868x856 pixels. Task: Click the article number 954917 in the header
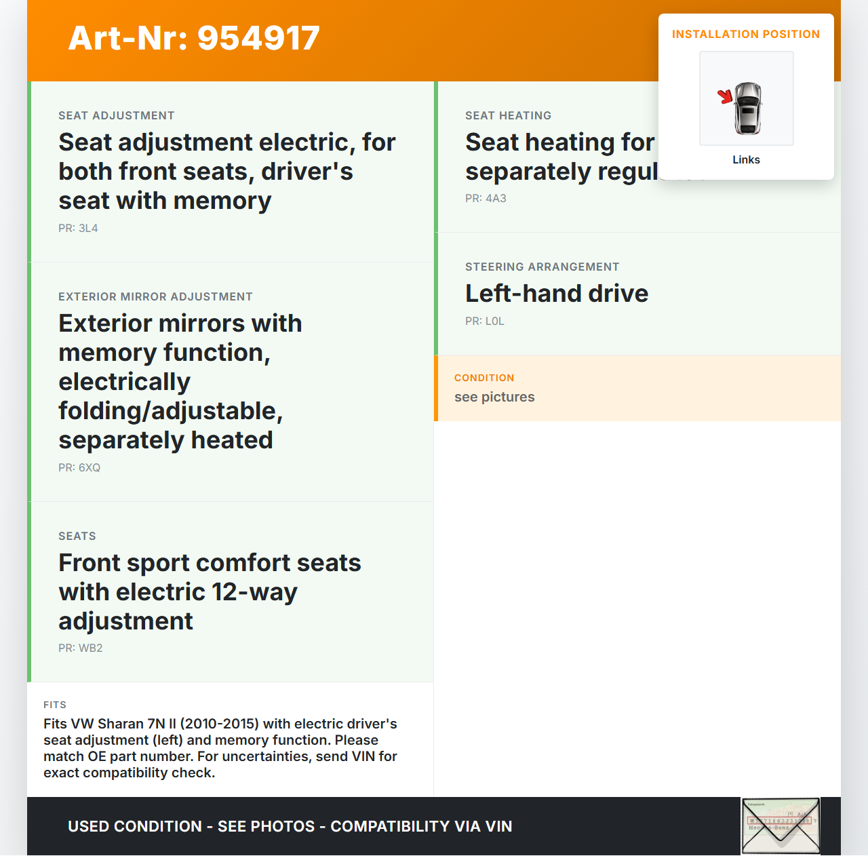click(258, 38)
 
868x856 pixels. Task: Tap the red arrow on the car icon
click(726, 97)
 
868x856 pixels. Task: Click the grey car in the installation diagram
click(748, 108)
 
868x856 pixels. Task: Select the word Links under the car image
click(746, 160)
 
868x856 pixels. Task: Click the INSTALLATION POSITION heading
click(745, 35)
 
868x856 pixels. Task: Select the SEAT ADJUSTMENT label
click(117, 116)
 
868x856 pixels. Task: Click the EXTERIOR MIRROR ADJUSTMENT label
click(155, 297)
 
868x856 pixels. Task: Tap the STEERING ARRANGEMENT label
click(542, 267)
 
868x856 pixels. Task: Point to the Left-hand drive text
click(557, 294)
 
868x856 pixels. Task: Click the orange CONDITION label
click(484, 378)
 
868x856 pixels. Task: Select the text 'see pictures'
click(494, 397)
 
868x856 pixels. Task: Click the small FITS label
click(55, 705)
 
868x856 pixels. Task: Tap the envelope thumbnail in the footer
click(781, 825)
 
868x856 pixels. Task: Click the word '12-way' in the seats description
click(254, 592)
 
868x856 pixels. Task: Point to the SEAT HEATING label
click(508, 116)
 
